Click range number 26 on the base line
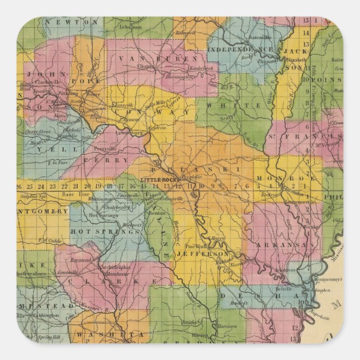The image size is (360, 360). click(x=19, y=186)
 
